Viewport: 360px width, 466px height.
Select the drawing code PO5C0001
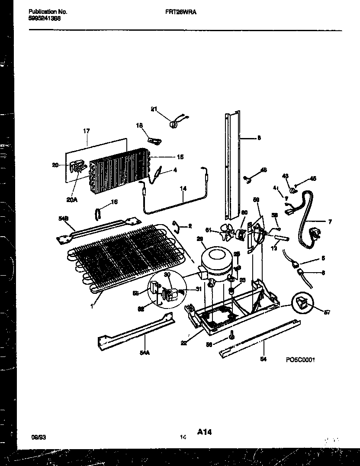299,359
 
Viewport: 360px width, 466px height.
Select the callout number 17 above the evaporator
86,130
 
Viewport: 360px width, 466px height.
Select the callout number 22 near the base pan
185,343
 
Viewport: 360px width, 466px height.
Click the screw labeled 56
233,335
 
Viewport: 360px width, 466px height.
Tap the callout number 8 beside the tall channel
259,138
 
